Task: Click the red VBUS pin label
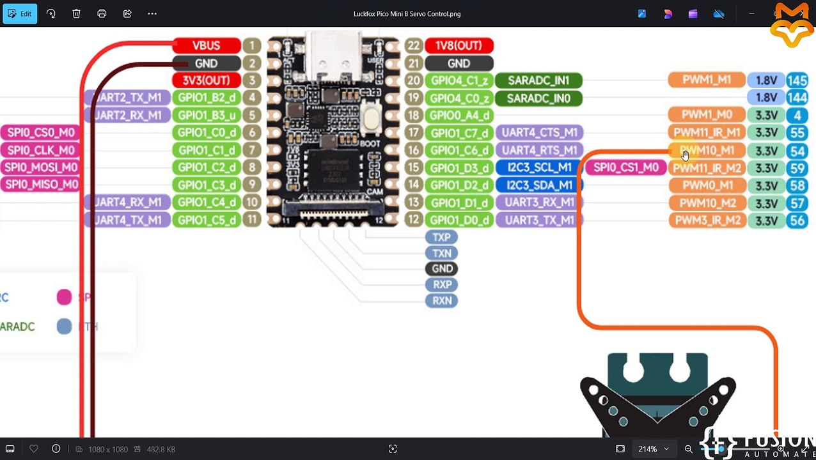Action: coord(206,45)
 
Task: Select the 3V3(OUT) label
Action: coord(206,80)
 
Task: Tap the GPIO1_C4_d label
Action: coord(207,203)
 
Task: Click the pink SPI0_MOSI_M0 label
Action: coord(41,167)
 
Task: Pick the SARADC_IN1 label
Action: coord(538,80)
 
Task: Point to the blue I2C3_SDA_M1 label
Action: coord(539,185)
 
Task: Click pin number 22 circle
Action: coord(414,45)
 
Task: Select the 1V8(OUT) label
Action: coord(459,45)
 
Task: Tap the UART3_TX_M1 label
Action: coord(539,220)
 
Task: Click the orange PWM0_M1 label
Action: coord(706,185)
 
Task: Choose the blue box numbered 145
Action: coord(797,80)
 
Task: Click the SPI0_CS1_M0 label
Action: coord(625,167)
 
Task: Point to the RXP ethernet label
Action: coord(441,284)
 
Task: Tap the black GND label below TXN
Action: coord(441,268)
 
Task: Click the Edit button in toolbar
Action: coord(20,13)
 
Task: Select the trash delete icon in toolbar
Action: coord(76,13)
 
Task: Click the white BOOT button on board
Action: coord(371,119)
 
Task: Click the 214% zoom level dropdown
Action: coord(652,449)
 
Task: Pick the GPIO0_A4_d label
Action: coord(459,116)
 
